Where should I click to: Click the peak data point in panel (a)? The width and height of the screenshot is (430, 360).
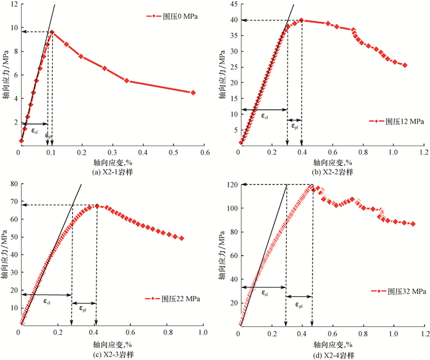(52, 32)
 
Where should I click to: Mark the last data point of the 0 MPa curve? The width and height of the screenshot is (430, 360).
(193, 93)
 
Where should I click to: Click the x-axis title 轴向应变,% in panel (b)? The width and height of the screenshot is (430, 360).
(331, 162)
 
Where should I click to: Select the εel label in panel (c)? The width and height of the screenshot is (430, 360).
(47, 302)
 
